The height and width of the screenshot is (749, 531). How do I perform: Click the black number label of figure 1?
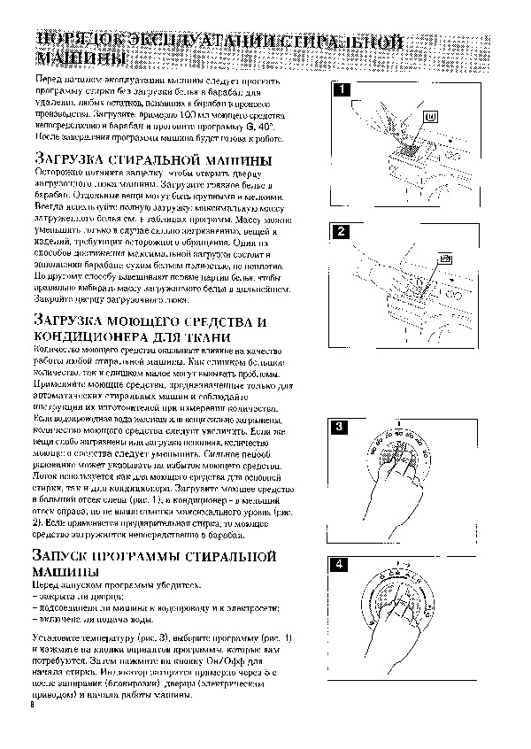pos(340,89)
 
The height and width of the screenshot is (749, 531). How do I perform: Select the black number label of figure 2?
pos(340,233)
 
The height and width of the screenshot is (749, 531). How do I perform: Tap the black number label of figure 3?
pos(340,428)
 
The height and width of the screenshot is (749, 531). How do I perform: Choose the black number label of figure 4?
pos(340,565)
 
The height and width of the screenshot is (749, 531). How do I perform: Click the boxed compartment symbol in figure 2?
pos(445,259)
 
